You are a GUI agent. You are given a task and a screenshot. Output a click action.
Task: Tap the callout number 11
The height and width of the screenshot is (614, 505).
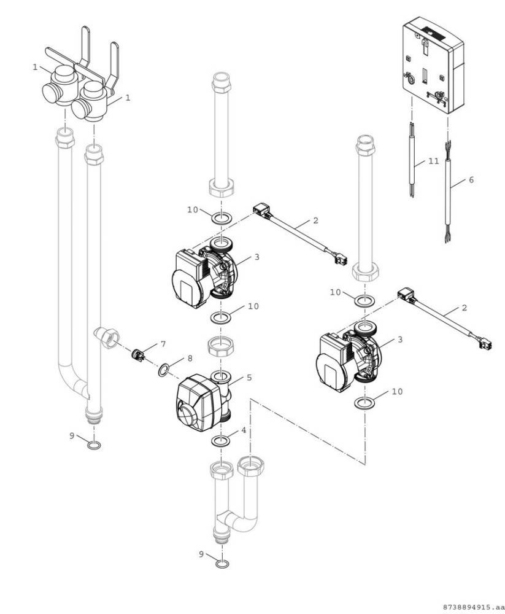point(433,161)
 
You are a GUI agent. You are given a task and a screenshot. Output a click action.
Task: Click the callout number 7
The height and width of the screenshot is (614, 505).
point(163,343)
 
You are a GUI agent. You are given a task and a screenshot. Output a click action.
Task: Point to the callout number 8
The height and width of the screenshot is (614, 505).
point(190,358)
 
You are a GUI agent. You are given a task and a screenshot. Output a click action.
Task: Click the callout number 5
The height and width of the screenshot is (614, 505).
point(249,378)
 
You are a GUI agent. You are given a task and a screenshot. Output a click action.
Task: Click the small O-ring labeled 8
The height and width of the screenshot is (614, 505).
point(164,370)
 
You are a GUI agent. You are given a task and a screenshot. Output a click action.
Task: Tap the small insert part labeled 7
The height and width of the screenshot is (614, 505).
point(139,354)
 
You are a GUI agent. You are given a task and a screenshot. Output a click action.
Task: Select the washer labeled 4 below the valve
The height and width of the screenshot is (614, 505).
point(222,441)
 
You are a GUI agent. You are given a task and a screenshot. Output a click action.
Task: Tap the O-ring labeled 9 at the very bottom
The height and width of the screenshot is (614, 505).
point(223,563)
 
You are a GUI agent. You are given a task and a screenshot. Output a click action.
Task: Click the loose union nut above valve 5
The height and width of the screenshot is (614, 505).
point(221,347)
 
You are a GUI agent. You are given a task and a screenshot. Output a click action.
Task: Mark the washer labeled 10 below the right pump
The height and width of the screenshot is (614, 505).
point(364,403)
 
